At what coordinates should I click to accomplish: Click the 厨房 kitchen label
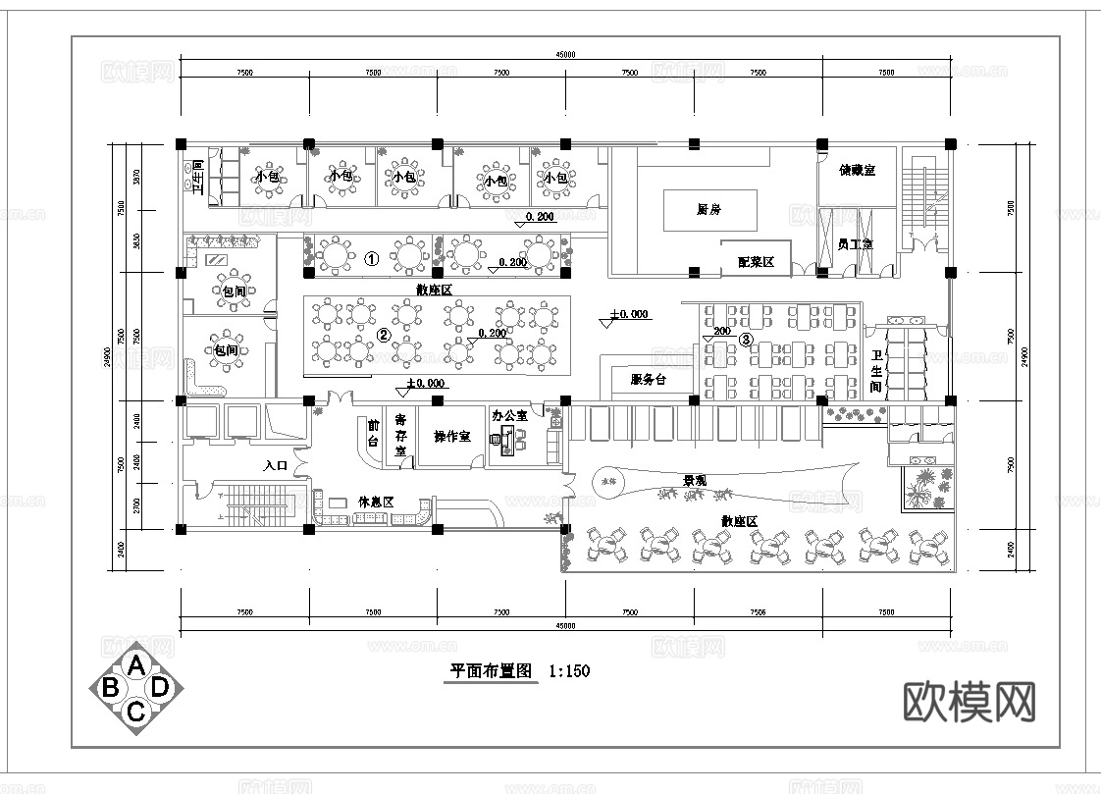709,210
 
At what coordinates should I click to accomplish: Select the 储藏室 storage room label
857,170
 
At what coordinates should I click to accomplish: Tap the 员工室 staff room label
855,243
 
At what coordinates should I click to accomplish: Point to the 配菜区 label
757,262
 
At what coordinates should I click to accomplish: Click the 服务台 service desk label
648,379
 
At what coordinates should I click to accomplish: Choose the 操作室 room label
451,436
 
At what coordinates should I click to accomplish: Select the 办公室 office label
509,416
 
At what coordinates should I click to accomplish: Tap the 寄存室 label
400,436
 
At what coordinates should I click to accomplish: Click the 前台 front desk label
373,433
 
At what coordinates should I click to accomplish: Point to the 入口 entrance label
275,466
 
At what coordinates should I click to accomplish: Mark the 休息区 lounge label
376,502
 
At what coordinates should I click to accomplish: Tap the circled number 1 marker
372,259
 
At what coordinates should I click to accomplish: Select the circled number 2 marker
384,335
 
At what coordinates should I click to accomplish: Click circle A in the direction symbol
136,665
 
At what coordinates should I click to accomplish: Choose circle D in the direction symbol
160,687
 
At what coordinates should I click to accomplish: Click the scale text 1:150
570,672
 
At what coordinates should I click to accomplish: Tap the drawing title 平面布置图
491,672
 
